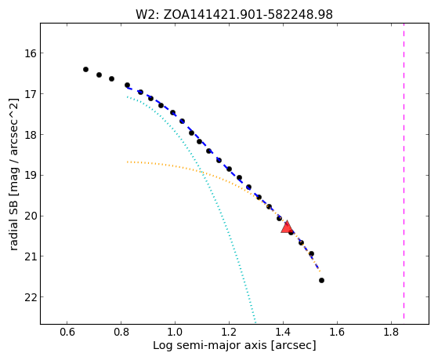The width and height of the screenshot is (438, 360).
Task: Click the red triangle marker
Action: [x=287, y=227]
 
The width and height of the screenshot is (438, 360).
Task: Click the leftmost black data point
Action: [x=85, y=69]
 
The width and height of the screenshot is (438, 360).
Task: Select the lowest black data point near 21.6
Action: [x=321, y=280]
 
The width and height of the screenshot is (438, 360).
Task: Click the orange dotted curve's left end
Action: [x=128, y=162]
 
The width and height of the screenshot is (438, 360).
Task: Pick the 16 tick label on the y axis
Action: [x=30, y=53]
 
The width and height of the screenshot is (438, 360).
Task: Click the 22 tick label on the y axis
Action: [x=30, y=297]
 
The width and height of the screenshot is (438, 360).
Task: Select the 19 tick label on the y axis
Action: [x=30, y=176]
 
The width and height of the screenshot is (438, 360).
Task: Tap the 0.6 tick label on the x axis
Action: [x=67, y=332]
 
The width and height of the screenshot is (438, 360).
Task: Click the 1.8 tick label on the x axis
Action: [x=391, y=332]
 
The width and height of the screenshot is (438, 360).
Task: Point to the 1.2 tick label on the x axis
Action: [x=229, y=332]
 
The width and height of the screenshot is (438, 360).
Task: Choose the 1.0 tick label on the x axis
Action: [x=175, y=332]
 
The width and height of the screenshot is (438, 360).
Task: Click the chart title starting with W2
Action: [x=234, y=15]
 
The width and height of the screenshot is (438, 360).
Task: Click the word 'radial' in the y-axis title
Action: [x=14, y=235]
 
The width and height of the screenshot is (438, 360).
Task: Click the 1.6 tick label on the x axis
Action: [x=337, y=332]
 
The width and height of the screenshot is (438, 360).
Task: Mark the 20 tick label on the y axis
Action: [x=30, y=216]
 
